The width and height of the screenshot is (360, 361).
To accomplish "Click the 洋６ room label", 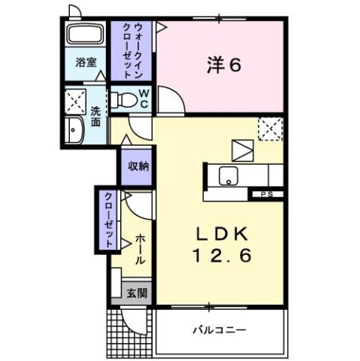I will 224,65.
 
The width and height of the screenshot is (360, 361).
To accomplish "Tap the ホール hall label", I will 141,249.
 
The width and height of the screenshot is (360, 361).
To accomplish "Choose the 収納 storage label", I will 136,166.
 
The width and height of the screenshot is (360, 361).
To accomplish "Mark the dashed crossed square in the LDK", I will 269,129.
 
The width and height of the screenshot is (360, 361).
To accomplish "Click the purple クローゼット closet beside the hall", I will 109,220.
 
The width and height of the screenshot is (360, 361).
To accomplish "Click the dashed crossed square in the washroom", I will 75,99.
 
